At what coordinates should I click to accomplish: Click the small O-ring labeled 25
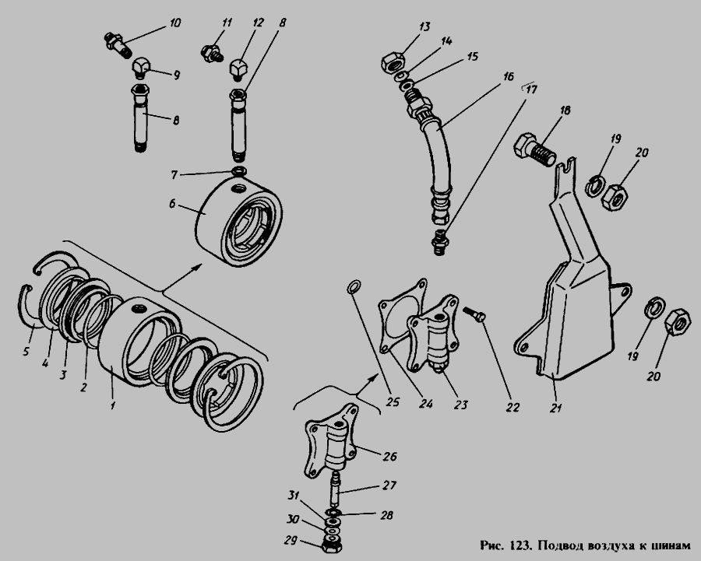354,287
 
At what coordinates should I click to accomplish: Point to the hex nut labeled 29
331,549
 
